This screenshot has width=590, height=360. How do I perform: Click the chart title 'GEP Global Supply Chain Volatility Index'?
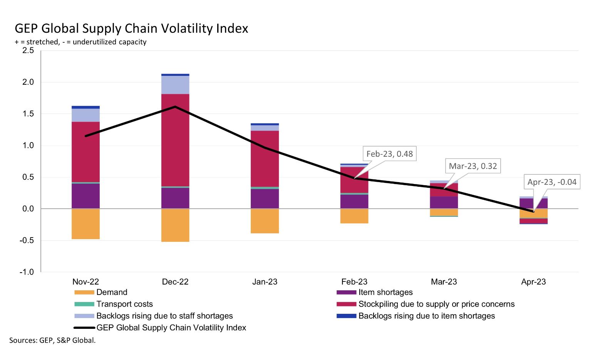pyautogui.click(x=131, y=28)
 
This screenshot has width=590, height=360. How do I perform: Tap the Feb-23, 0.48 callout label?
pyautogui.click(x=389, y=154)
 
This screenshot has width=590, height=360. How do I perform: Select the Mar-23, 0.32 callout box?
pyautogui.click(x=473, y=166)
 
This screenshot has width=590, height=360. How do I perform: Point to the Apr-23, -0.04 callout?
pyautogui.click(x=551, y=182)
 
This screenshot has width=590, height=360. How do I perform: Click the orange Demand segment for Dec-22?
pyautogui.click(x=175, y=225)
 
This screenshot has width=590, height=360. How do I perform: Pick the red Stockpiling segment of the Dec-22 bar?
pyautogui.click(x=175, y=140)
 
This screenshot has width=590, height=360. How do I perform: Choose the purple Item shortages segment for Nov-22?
pyautogui.click(x=85, y=196)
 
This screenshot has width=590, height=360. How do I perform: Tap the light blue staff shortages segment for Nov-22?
pyautogui.click(x=85, y=116)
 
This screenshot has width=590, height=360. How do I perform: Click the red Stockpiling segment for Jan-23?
pyautogui.click(x=265, y=159)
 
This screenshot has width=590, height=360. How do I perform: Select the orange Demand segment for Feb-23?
pyautogui.click(x=354, y=216)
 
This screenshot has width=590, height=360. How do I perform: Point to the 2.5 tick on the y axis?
pyautogui.click(x=28, y=50)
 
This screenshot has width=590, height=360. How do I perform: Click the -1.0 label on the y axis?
pyautogui.click(x=27, y=272)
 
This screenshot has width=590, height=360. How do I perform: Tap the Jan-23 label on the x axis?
pyautogui.click(x=265, y=282)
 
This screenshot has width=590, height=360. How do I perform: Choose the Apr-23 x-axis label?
pyautogui.click(x=533, y=282)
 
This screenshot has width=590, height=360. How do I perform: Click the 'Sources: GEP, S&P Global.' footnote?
pyautogui.click(x=52, y=340)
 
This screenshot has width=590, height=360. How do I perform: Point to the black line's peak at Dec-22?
pyautogui.click(x=175, y=107)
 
